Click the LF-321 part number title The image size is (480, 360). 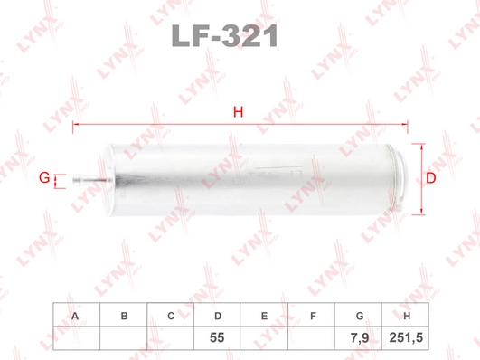[x=225, y=36]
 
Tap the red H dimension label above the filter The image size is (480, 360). [x=238, y=112]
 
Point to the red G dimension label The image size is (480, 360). [x=44, y=177]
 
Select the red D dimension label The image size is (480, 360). [x=430, y=178]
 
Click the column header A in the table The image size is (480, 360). [x=75, y=316]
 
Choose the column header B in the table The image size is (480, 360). [x=124, y=316]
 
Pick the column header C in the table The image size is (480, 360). [x=171, y=316]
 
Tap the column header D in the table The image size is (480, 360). [x=218, y=316]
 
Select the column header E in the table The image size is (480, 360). [x=264, y=316]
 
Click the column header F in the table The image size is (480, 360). [x=313, y=316]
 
